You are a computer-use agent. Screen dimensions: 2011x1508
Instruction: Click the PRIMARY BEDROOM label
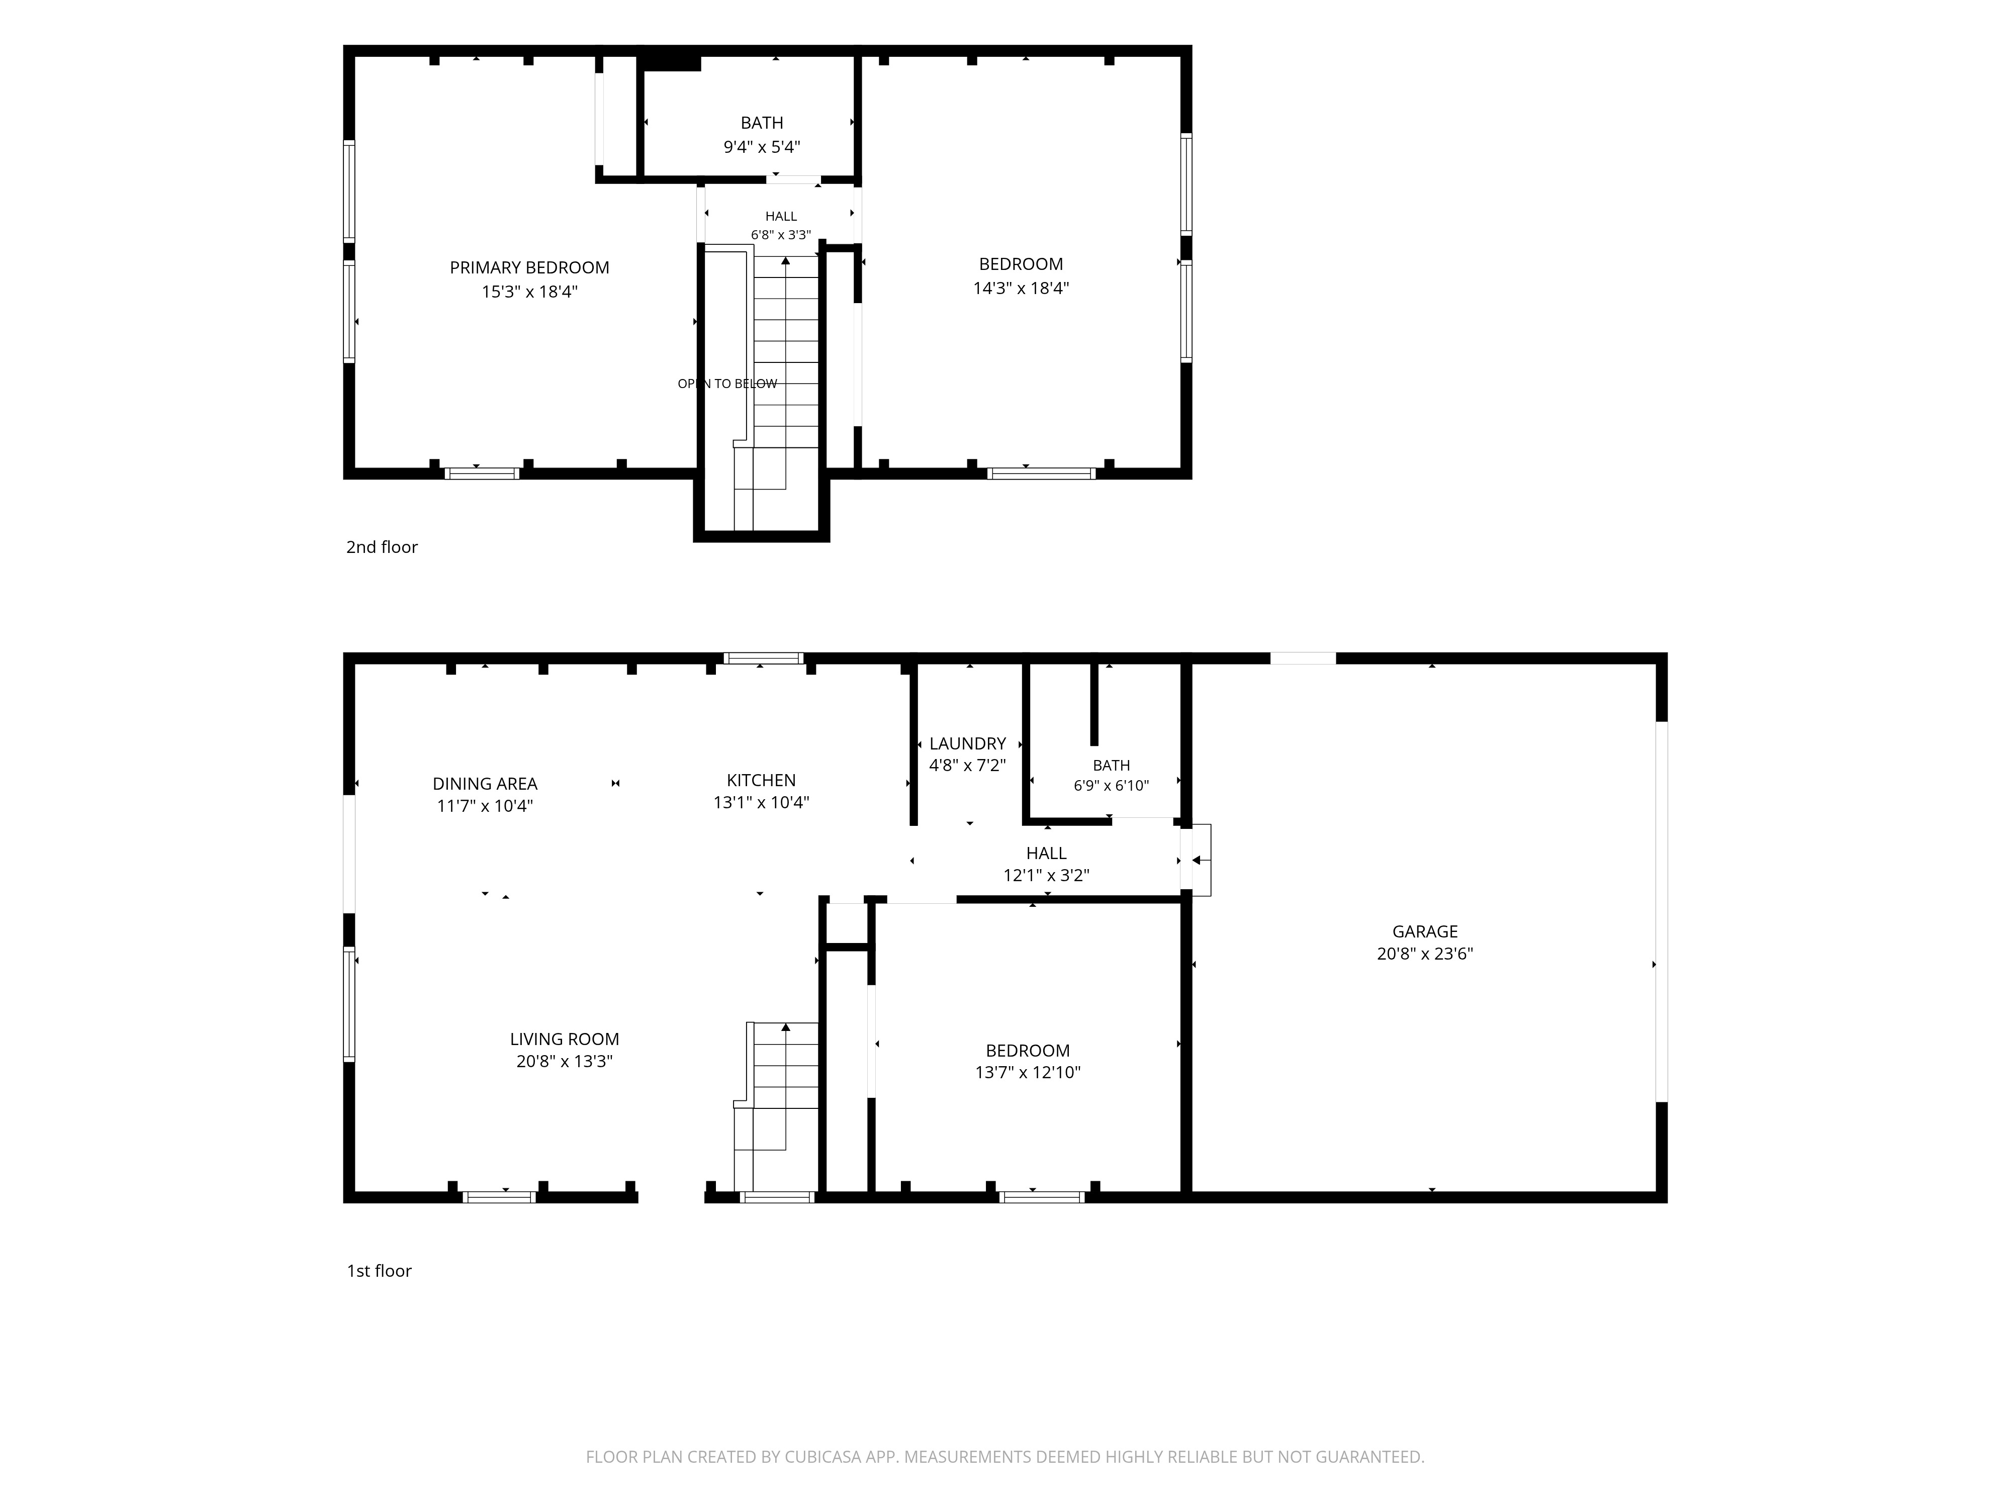(529, 268)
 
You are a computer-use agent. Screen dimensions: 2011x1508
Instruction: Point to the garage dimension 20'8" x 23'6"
(1425, 954)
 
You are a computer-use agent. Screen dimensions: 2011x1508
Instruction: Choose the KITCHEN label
(761, 780)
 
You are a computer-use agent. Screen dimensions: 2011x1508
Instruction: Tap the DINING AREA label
(485, 784)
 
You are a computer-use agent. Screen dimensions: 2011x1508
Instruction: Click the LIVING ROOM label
(565, 1039)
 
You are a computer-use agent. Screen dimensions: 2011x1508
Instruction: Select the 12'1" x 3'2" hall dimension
(1046, 875)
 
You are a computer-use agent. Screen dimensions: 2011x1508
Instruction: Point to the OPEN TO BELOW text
(727, 384)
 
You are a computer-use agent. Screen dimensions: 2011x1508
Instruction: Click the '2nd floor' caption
(382, 547)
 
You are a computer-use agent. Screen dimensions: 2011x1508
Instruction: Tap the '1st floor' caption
(379, 1271)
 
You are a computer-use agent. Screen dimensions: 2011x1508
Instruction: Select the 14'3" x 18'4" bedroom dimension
(1021, 288)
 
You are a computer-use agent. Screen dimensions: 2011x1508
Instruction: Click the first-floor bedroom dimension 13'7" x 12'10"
(1027, 1073)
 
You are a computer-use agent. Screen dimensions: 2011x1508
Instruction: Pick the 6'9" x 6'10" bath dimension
(1111, 785)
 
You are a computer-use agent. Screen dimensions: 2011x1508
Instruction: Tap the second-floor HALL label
(781, 216)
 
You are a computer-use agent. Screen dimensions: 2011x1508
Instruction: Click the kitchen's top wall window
(764, 658)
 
